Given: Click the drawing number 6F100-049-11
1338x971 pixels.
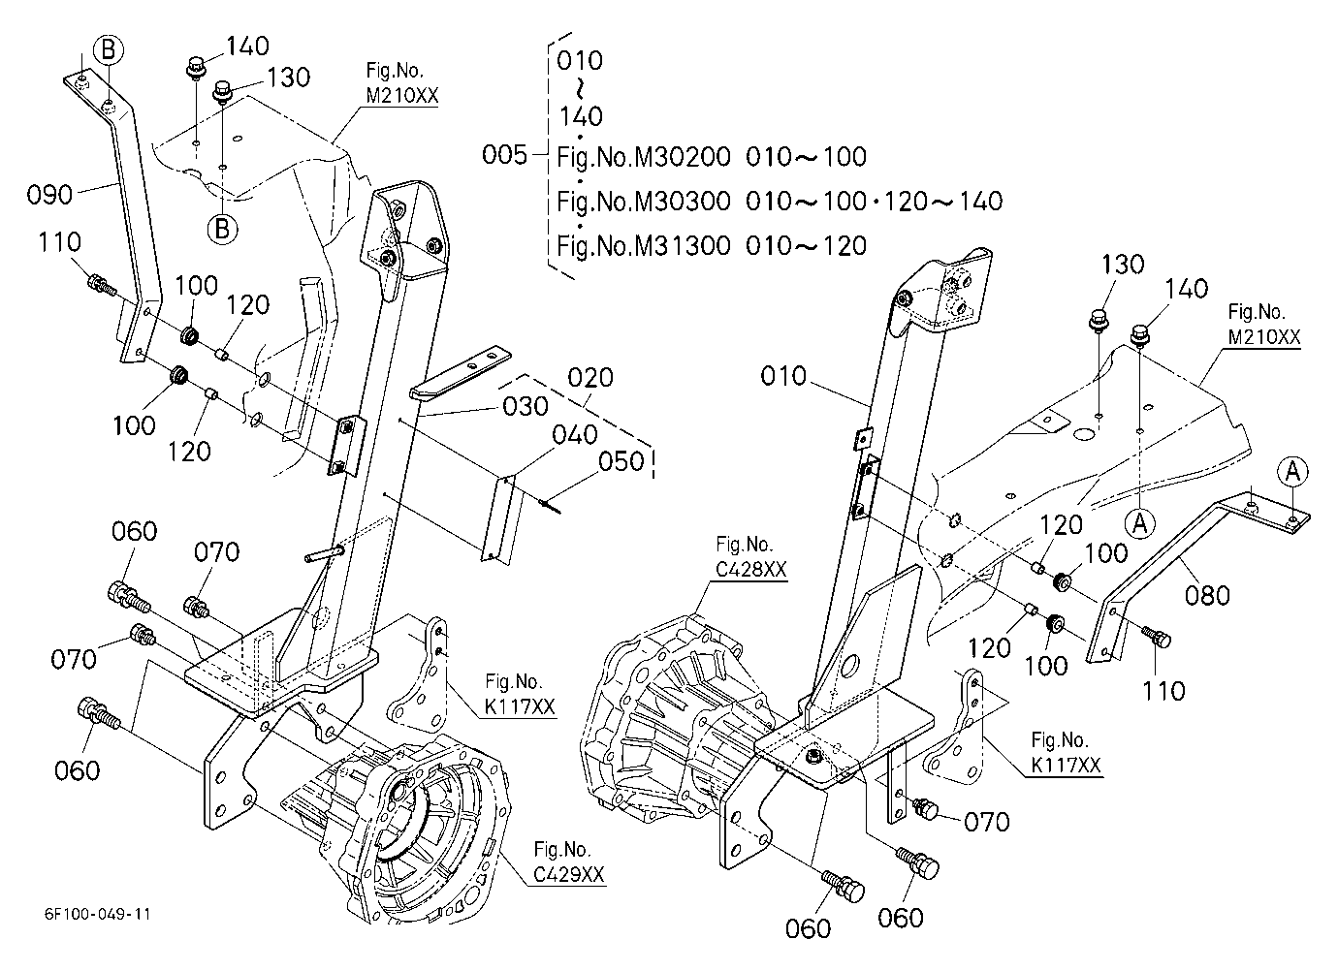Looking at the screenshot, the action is [x=97, y=914].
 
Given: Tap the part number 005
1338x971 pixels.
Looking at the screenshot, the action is [x=505, y=155].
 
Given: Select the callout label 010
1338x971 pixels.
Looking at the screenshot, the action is [x=783, y=376].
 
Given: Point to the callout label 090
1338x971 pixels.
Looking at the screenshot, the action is [x=49, y=195].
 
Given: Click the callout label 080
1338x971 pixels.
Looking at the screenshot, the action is [x=1207, y=595].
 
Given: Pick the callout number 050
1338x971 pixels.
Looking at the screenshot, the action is [x=621, y=461].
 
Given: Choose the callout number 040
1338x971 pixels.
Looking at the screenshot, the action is [x=575, y=435].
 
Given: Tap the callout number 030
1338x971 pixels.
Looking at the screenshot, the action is [x=526, y=407].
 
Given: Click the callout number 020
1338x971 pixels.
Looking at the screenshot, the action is [x=590, y=377].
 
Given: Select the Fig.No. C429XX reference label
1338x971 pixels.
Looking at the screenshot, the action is [x=568, y=861].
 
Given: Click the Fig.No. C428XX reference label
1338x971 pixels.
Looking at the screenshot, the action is [x=750, y=556].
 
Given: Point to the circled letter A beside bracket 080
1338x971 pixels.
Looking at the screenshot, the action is [x=1292, y=472].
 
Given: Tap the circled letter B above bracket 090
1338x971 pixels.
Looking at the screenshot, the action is [x=109, y=49].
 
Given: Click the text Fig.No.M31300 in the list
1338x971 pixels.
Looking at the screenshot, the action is [x=644, y=245].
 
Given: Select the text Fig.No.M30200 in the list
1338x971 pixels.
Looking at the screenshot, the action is [x=644, y=157].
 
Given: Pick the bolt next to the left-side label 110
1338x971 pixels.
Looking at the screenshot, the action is [x=102, y=284].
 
